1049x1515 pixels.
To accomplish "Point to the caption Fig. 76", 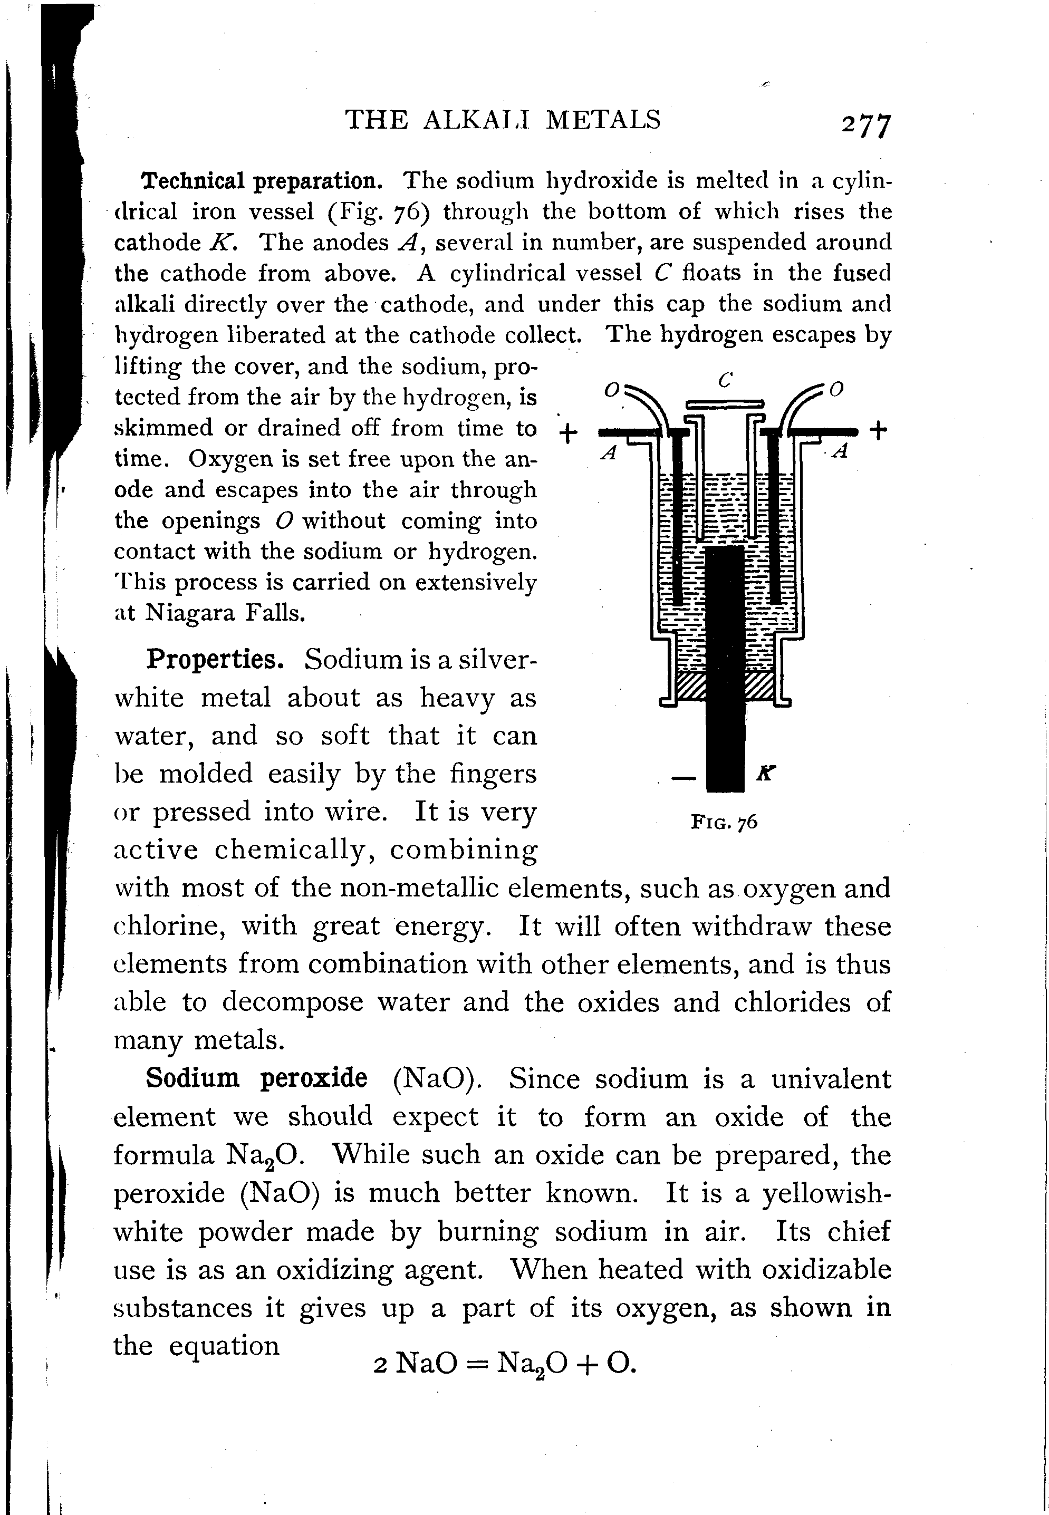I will [x=724, y=822].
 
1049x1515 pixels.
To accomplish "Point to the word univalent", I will [x=831, y=1079].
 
